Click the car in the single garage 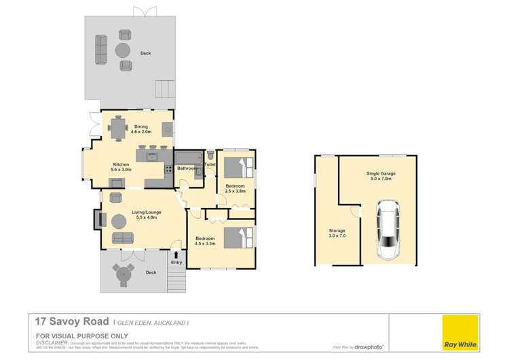[388, 231]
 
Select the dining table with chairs [120, 128]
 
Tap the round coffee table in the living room [119, 221]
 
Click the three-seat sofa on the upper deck [100, 49]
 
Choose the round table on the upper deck [124, 50]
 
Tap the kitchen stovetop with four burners [167, 170]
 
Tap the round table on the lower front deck [124, 274]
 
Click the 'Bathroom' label [187, 168]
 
